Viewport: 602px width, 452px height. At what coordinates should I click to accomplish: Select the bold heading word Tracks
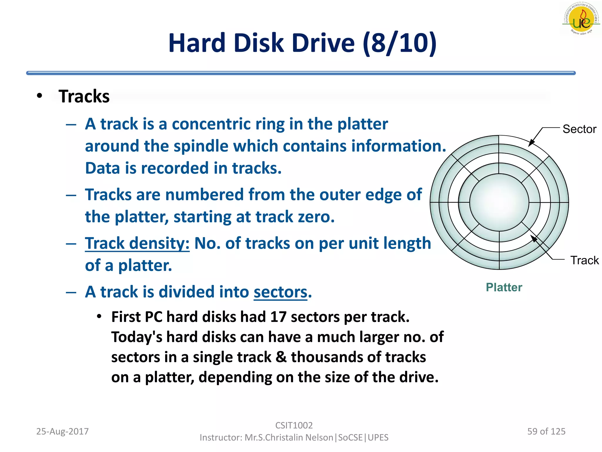[x=84, y=96]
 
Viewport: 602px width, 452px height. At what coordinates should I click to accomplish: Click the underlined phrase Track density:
[x=137, y=243]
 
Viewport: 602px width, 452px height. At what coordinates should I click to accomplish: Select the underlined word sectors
[x=280, y=292]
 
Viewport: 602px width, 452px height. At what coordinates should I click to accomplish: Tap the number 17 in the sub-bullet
[x=278, y=317]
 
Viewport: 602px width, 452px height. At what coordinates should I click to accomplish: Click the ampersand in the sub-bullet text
[x=281, y=357]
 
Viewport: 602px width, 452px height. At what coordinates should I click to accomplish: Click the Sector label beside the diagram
[x=579, y=129]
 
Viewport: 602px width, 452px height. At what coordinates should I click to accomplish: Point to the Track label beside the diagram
[x=584, y=260]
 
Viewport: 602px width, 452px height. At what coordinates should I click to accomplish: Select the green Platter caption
[x=504, y=287]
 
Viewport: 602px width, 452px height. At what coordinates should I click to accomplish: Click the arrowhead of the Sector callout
[x=530, y=144]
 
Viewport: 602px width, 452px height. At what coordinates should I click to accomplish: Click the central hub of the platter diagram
[x=499, y=202]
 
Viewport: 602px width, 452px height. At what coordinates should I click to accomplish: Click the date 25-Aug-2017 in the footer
[x=62, y=431]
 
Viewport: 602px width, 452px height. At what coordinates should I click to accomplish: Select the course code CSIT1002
[x=294, y=425]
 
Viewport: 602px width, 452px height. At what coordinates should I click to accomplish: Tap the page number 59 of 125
[x=546, y=431]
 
